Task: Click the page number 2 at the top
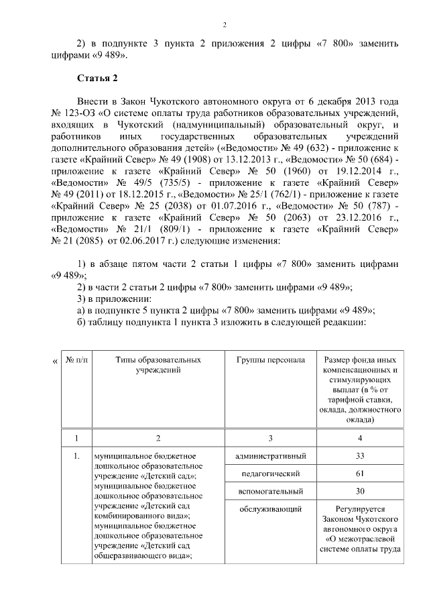pyautogui.click(x=225, y=25)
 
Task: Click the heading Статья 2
pyautogui.click(x=98, y=78)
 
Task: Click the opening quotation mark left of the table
pyautogui.click(x=54, y=362)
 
